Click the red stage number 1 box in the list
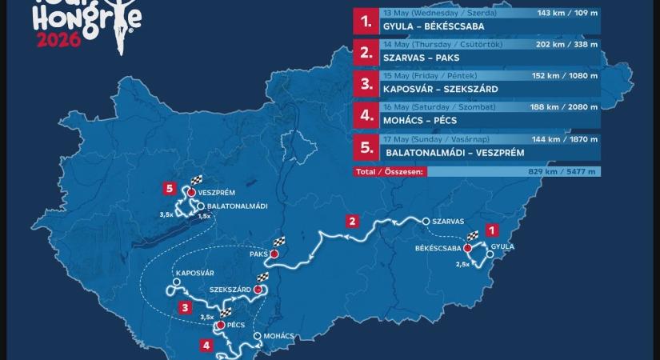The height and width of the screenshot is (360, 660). (x=366, y=22)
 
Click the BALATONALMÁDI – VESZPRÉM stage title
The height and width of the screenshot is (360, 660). (x=452, y=150)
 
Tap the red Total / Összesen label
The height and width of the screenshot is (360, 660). (x=390, y=171)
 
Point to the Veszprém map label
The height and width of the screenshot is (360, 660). (x=222, y=193)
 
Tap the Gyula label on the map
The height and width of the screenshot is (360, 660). (x=502, y=246)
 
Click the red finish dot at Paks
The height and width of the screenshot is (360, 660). (x=274, y=254)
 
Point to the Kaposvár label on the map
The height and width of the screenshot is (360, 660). (x=196, y=273)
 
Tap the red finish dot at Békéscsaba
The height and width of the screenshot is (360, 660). (x=467, y=249)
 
